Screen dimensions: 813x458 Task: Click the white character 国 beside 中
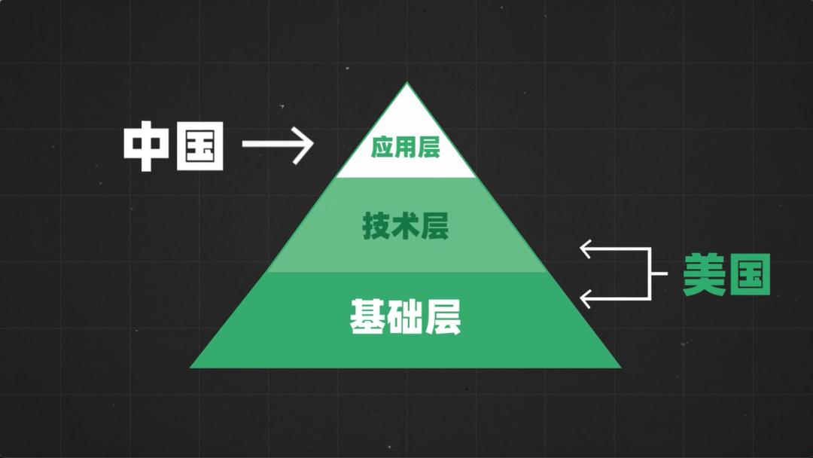click(200, 146)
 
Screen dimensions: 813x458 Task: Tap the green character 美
click(704, 274)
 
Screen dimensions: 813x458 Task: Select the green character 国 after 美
click(750, 274)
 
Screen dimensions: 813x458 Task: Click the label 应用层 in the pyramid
click(406, 148)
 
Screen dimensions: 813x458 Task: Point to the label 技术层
click(406, 226)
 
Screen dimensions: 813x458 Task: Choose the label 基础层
click(406, 316)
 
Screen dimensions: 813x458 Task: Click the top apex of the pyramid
click(407, 82)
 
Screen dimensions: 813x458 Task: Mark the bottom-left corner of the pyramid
click(190, 368)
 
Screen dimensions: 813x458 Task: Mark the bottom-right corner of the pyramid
click(621, 368)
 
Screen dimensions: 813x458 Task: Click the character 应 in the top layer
click(382, 148)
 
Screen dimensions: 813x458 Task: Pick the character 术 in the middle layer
click(406, 226)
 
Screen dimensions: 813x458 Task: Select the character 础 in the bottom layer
click(406, 316)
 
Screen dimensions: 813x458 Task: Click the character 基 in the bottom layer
click(367, 316)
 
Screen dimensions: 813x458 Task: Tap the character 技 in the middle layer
click(376, 226)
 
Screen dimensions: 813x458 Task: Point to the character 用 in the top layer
click(406, 148)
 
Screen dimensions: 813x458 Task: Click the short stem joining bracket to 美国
click(659, 273)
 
